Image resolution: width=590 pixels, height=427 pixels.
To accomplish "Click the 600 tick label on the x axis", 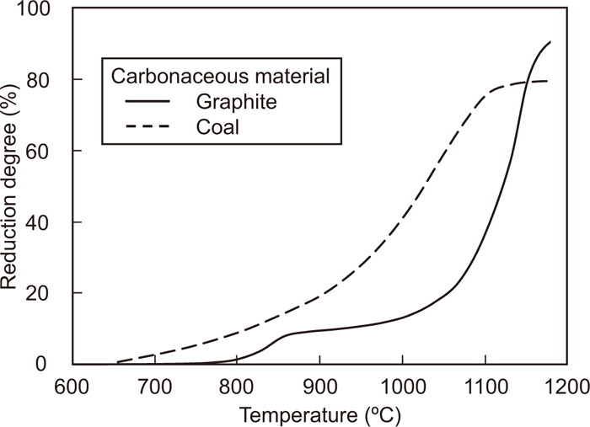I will pos(72,387).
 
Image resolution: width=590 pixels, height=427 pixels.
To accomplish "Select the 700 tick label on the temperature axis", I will pos(155,387).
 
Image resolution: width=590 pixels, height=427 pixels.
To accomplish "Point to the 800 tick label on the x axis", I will pos(238,387).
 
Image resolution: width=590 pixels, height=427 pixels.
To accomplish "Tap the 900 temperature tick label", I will pos(319,387).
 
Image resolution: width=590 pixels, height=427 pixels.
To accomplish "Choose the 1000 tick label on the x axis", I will pos(402,387).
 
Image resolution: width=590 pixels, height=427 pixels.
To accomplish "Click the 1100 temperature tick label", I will pos(485,387).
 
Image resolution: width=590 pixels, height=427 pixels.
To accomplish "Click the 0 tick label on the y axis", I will pos(54,365).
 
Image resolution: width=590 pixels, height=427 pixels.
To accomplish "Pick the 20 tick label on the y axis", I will pos(49,294).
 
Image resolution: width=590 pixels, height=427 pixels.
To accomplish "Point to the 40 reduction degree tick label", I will pos(49,222).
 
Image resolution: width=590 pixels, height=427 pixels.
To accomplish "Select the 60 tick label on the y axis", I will pos(49,152).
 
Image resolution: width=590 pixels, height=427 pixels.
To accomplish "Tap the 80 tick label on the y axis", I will pos(49,80).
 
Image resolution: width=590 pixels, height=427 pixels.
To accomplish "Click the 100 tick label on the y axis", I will pos(44,9).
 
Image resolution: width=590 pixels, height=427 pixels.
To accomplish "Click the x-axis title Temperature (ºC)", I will pos(320,414).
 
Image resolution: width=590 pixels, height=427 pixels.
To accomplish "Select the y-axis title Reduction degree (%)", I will pos(12,186).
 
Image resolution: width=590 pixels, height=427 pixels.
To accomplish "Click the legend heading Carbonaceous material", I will pos(221,75).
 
